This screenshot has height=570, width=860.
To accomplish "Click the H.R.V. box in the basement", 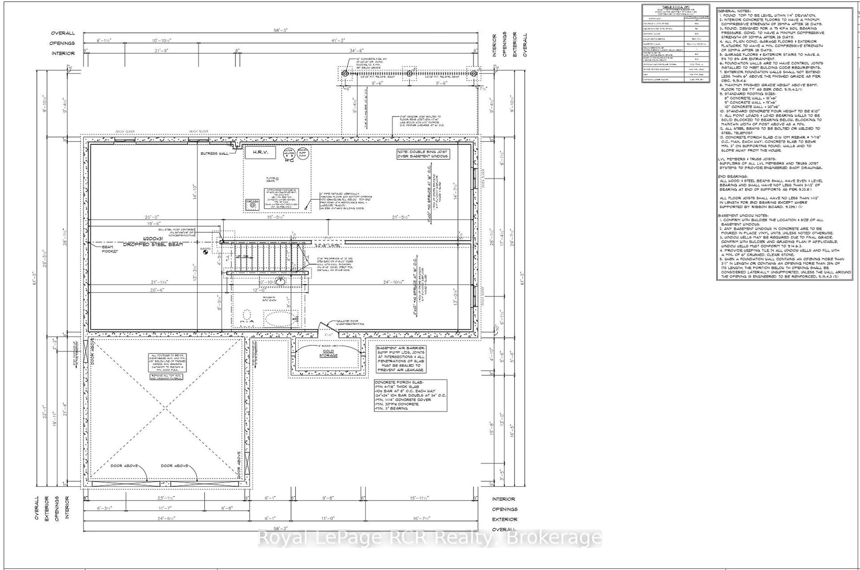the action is coord(259,153).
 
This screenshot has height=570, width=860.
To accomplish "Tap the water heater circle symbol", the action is coord(289,153).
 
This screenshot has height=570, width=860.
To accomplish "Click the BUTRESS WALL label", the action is coord(214,153).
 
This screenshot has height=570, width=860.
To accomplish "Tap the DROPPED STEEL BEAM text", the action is coord(153,244).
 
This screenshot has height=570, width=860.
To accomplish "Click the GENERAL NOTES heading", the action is coord(734,11).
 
